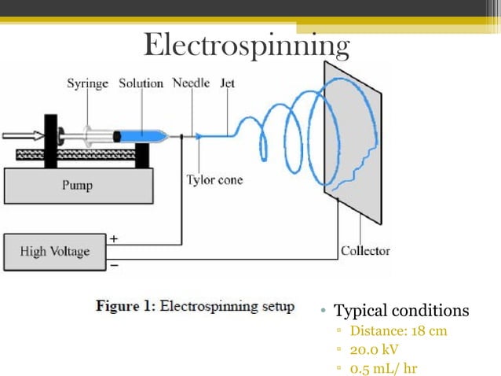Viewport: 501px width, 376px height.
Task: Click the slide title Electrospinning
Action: (x=246, y=46)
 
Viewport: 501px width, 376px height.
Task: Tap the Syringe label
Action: (x=87, y=83)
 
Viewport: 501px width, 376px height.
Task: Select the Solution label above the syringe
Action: (x=141, y=83)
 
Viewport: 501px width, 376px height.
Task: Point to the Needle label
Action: (x=191, y=83)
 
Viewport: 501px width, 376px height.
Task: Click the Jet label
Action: (x=228, y=83)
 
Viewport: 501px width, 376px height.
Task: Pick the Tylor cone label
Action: (x=214, y=180)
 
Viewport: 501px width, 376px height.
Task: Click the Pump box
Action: (x=77, y=186)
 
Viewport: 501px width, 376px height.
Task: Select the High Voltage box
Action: (x=55, y=253)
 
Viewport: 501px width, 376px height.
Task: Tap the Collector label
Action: (x=365, y=251)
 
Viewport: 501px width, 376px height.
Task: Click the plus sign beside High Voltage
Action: (x=114, y=238)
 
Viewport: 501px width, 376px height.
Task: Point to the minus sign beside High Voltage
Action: (x=114, y=266)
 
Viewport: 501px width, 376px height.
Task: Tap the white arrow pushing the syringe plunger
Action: (x=22, y=136)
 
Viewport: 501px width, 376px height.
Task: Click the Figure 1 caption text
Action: (x=195, y=306)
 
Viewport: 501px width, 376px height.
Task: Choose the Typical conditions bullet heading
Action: (x=401, y=311)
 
